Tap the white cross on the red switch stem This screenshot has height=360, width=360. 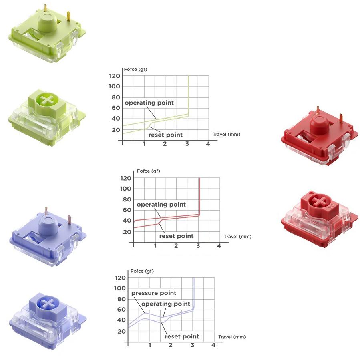pos(320,201)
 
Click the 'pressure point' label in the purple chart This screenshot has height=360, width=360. pos(154,293)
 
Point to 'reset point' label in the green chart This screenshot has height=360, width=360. pos(165,135)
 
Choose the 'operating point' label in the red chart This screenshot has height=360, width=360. pos(161,205)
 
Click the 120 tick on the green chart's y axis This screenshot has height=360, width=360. pos(115,76)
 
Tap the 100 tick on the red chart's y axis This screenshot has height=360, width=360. pos(125,189)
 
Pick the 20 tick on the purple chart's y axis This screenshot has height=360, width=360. pos(121,331)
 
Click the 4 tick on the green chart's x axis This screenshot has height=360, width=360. pos(208,144)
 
